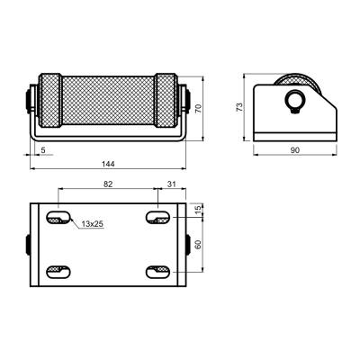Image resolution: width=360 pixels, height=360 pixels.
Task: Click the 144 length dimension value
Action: (x=108, y=164)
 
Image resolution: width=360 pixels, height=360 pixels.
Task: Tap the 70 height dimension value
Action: (x=198, y=108)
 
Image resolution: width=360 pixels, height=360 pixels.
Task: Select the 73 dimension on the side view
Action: (x=239, y=107)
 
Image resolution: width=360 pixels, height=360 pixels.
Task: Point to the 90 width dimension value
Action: (x=295, y=150)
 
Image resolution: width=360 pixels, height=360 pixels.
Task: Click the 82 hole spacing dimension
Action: (x=108, y=184)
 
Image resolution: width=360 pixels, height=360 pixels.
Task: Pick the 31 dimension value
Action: (x=171, y=184)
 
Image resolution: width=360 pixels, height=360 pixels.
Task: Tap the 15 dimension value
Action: (x=198, y=210)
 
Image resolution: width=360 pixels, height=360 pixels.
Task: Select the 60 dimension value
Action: (x=198, y=245)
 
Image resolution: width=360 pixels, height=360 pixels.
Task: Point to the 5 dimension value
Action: (x=43, y=150)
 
